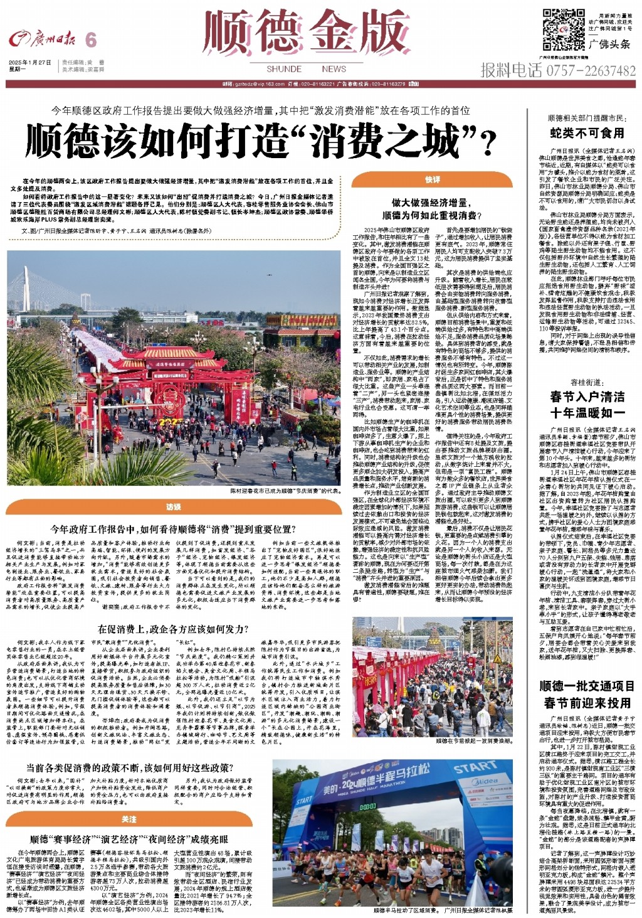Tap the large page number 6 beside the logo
click(91, 40)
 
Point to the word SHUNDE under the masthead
click(284, 69)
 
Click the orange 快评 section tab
click(433, 180)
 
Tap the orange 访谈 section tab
click(174, 507)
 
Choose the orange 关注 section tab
click(129, 819)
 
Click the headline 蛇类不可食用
click(587, 133)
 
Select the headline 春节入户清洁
click(587, 397)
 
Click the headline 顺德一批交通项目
click(587, 686)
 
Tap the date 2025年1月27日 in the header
click(30, 63)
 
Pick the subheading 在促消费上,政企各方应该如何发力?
click(173, 629)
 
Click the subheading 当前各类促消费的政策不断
click(129, 768)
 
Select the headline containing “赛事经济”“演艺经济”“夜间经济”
click(129, 840)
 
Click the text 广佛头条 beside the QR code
click(609, 44)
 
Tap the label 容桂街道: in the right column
click(587, 382)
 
